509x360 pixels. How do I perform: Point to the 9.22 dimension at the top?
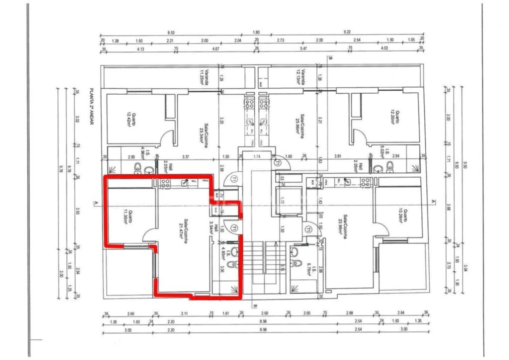[x=347, y=32]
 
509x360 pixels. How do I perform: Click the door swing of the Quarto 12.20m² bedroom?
[x=359, y=136]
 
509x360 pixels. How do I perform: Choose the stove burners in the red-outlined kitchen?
[x=165, y=182]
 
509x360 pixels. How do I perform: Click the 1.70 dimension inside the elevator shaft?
[x=281, y=202]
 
